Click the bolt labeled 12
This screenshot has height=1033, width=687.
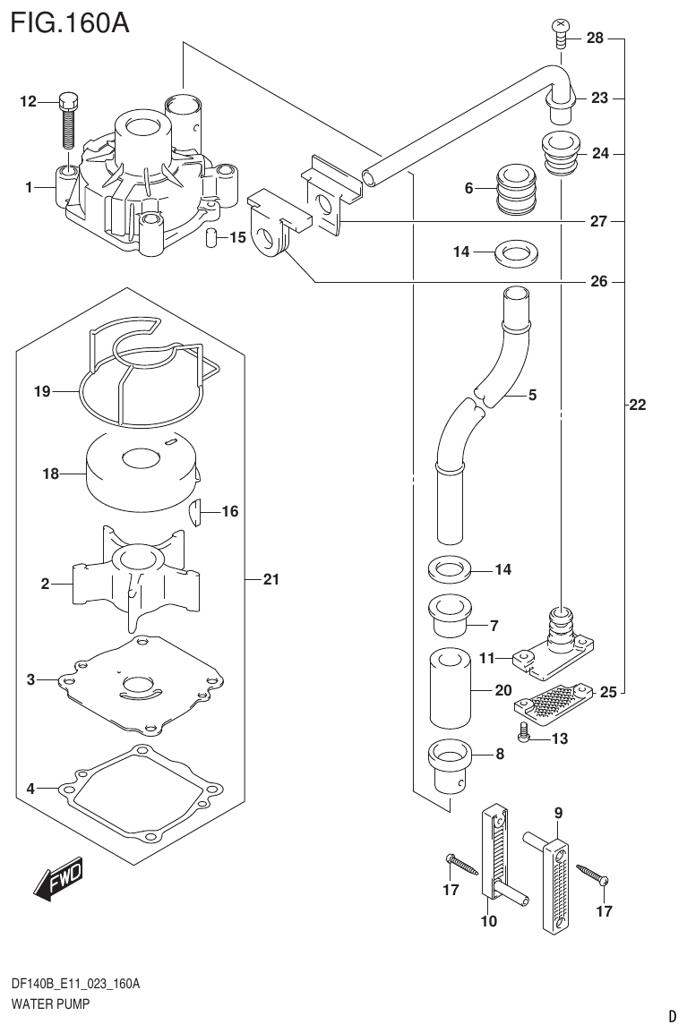pyautogui.click(x=68, y=120)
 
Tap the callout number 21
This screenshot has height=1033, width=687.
pyautogui.click(x=271, y=580)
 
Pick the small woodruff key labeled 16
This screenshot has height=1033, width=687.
pyautogui.click(x=200, y=513)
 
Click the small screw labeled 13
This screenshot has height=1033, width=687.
pyautogui.click(x=523, y=736)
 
